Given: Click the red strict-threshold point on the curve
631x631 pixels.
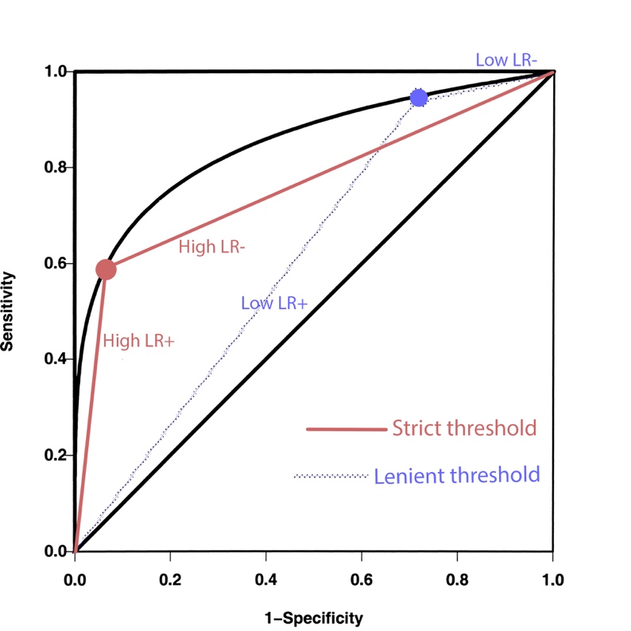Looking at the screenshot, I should pos(106,269).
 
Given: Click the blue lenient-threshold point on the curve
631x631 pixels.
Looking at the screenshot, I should pos(419,98).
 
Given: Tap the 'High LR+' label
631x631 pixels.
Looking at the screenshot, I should pos(138,341).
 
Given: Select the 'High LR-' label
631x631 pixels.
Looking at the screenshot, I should pos(211,247).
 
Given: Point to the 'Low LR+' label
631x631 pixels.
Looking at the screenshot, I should pos(273,302).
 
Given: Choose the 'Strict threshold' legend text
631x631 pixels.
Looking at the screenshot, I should pos(464,428).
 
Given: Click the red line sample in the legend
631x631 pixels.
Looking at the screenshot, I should pos(346,429).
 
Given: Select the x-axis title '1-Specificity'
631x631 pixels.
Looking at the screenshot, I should pos(312,617).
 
